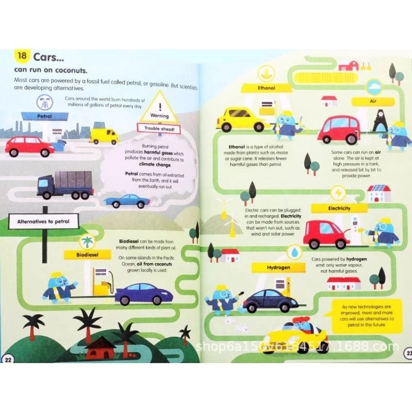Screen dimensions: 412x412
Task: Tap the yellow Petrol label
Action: pos(45,116)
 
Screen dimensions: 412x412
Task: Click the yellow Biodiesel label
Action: pos(82,254)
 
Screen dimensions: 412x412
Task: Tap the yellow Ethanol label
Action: pos(266,88)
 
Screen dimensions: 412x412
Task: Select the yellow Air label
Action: pos(373,101)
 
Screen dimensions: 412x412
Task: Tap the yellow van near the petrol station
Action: pos(104,135)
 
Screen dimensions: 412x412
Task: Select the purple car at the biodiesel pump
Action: pos(144,295)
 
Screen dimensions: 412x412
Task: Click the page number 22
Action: pos(8,358)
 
